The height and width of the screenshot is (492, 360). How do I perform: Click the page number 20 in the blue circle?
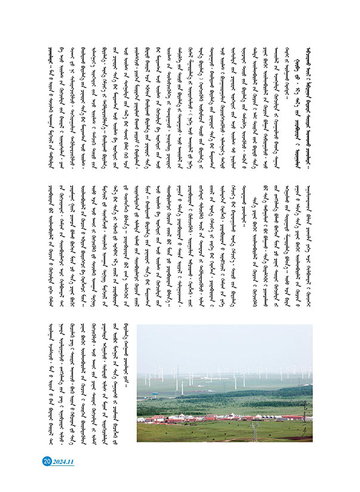(x=46, y=460)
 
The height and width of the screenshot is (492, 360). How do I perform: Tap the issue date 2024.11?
(x=63, y=460)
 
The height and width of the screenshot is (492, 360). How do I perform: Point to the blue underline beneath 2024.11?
(x=63, y=466)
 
